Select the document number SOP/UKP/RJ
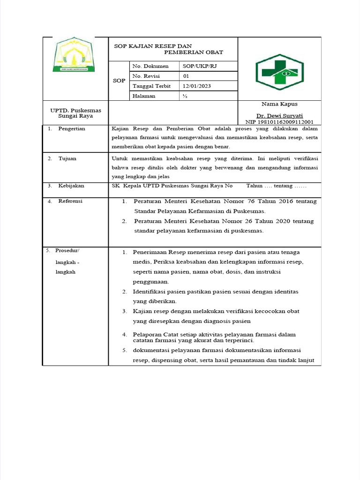200,67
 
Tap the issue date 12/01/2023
197,86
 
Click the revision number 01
186,76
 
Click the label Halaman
144,96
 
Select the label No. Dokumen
150,67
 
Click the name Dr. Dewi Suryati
279,115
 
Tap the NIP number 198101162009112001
279,121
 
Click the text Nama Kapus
279,104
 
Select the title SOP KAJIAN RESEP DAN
153,46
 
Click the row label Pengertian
71,128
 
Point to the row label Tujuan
67,158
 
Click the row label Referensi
70,201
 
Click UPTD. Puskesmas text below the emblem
75,110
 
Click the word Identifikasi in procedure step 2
150,292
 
